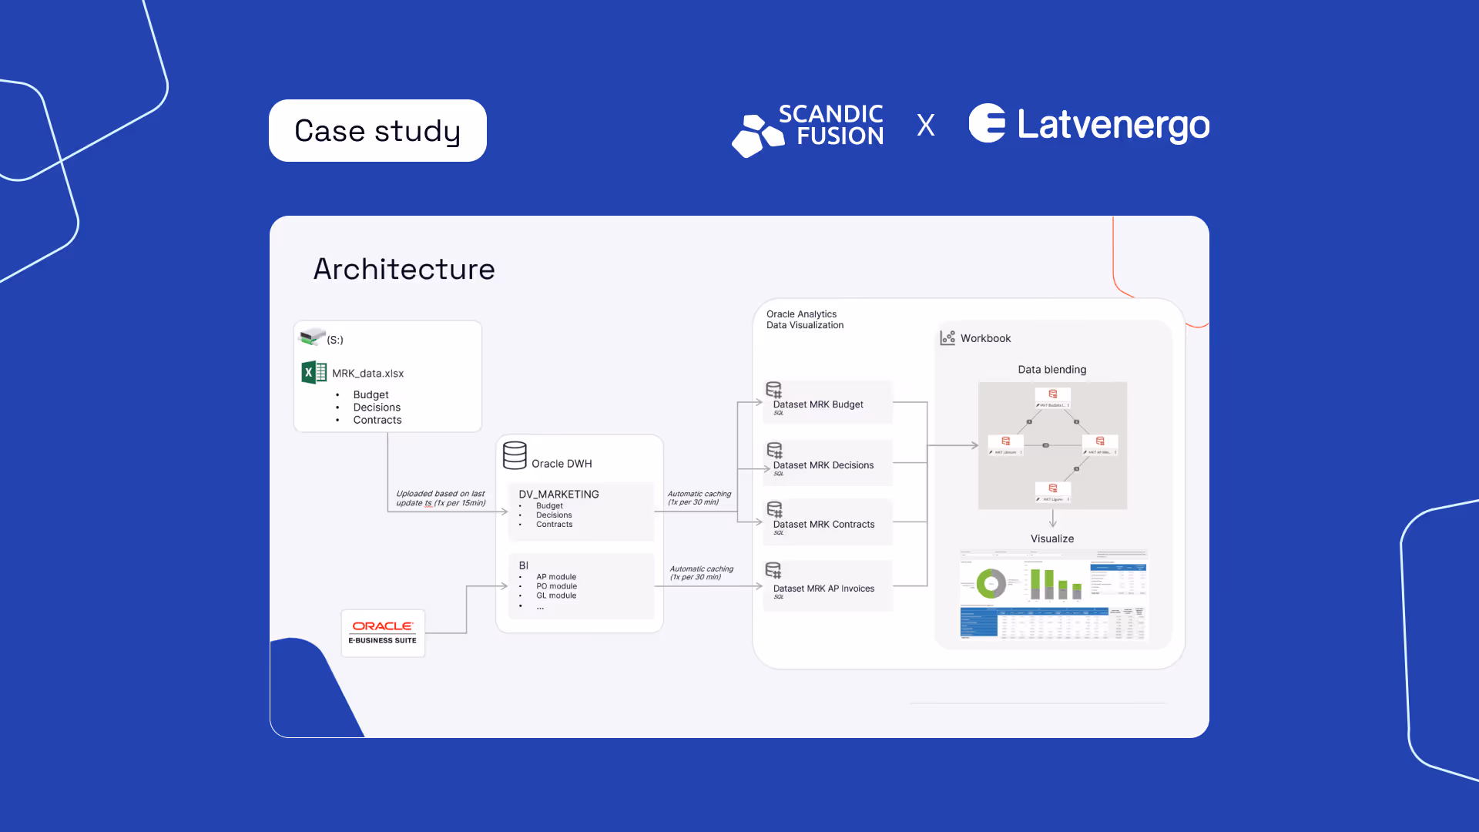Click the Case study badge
[377, 131]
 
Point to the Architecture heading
[404, 269]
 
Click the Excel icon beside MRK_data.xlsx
[314, 373]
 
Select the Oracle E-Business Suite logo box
[383, 633]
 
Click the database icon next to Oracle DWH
[515, 455]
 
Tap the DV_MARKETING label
[558, 495]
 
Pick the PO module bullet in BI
[556, 586]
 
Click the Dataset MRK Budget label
[818, 404]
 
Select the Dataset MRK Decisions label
[823, 465]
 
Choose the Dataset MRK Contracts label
[823, 525]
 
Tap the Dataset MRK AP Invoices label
[823, 589]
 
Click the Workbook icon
[947, 338]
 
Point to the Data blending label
[1051, 370]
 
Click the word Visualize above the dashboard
[1051, 538]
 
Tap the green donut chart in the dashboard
[991, 584]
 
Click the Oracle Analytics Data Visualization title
[804, 320]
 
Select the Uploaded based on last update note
[441, 498]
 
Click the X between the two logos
[926, 125]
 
